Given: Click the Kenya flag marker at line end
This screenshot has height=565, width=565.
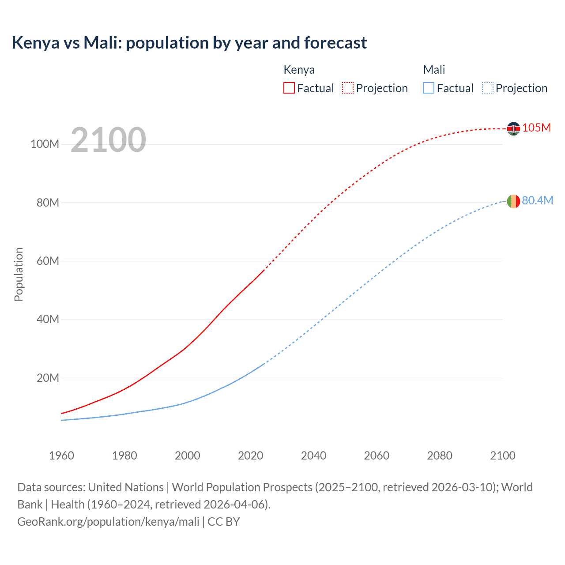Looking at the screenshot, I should [513, 128].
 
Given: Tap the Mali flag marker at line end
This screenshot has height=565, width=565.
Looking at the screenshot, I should [513, 201].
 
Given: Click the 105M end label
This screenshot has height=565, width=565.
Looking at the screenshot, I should [536, 128].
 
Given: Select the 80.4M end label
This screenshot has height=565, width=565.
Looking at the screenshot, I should [537, 200].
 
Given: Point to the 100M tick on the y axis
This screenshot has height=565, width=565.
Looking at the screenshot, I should [45, 144].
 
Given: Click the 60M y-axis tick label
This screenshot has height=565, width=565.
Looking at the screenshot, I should [48, 261].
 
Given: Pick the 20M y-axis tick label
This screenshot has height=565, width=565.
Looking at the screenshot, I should [48, 378].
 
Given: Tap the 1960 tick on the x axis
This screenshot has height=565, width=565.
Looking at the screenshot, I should [61, 456].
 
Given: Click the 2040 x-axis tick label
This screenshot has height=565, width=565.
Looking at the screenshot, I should [313, 456].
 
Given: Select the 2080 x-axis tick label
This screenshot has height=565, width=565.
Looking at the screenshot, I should [440, 456].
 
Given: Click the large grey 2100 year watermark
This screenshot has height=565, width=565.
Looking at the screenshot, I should [108, 140].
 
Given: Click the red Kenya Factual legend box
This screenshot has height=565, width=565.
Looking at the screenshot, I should [289, 88].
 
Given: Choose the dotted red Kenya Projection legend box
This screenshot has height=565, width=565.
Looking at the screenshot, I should [348, 88].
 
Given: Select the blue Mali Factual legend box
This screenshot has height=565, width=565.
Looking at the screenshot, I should [429, 88].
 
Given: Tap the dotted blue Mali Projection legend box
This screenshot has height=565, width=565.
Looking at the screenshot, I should [488, 88].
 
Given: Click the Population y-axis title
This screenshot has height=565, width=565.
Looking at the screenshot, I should [19, 274].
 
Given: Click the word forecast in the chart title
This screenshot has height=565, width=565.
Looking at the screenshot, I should [335, 43].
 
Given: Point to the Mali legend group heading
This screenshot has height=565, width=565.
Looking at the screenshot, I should [434, 70].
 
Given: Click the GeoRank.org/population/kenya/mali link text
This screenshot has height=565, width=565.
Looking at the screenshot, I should [108, 522].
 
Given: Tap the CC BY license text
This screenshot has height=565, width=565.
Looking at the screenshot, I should [224, 522].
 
